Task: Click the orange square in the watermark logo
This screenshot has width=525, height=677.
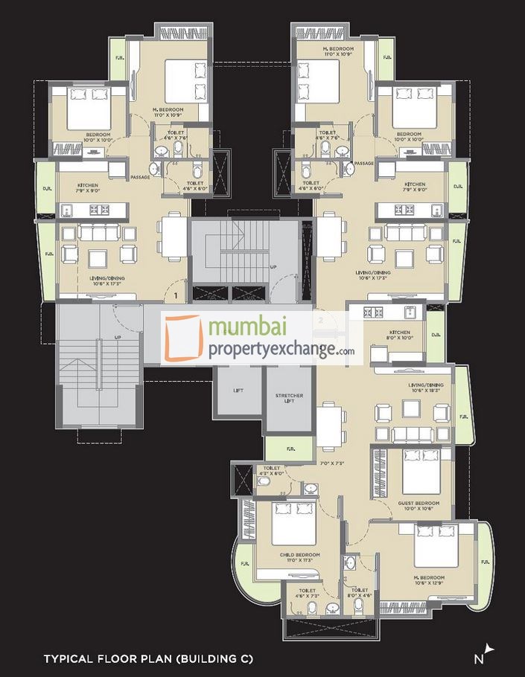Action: pos(183,339)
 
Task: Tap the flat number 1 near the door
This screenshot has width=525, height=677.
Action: pos(175,296)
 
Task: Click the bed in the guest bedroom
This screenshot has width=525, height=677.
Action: pos(421,466)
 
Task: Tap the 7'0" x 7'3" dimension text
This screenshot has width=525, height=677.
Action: pos(331,463)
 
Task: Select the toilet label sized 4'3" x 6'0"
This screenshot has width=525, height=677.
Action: pos(271,470)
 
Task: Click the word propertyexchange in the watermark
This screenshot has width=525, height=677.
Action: pos(272,350)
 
